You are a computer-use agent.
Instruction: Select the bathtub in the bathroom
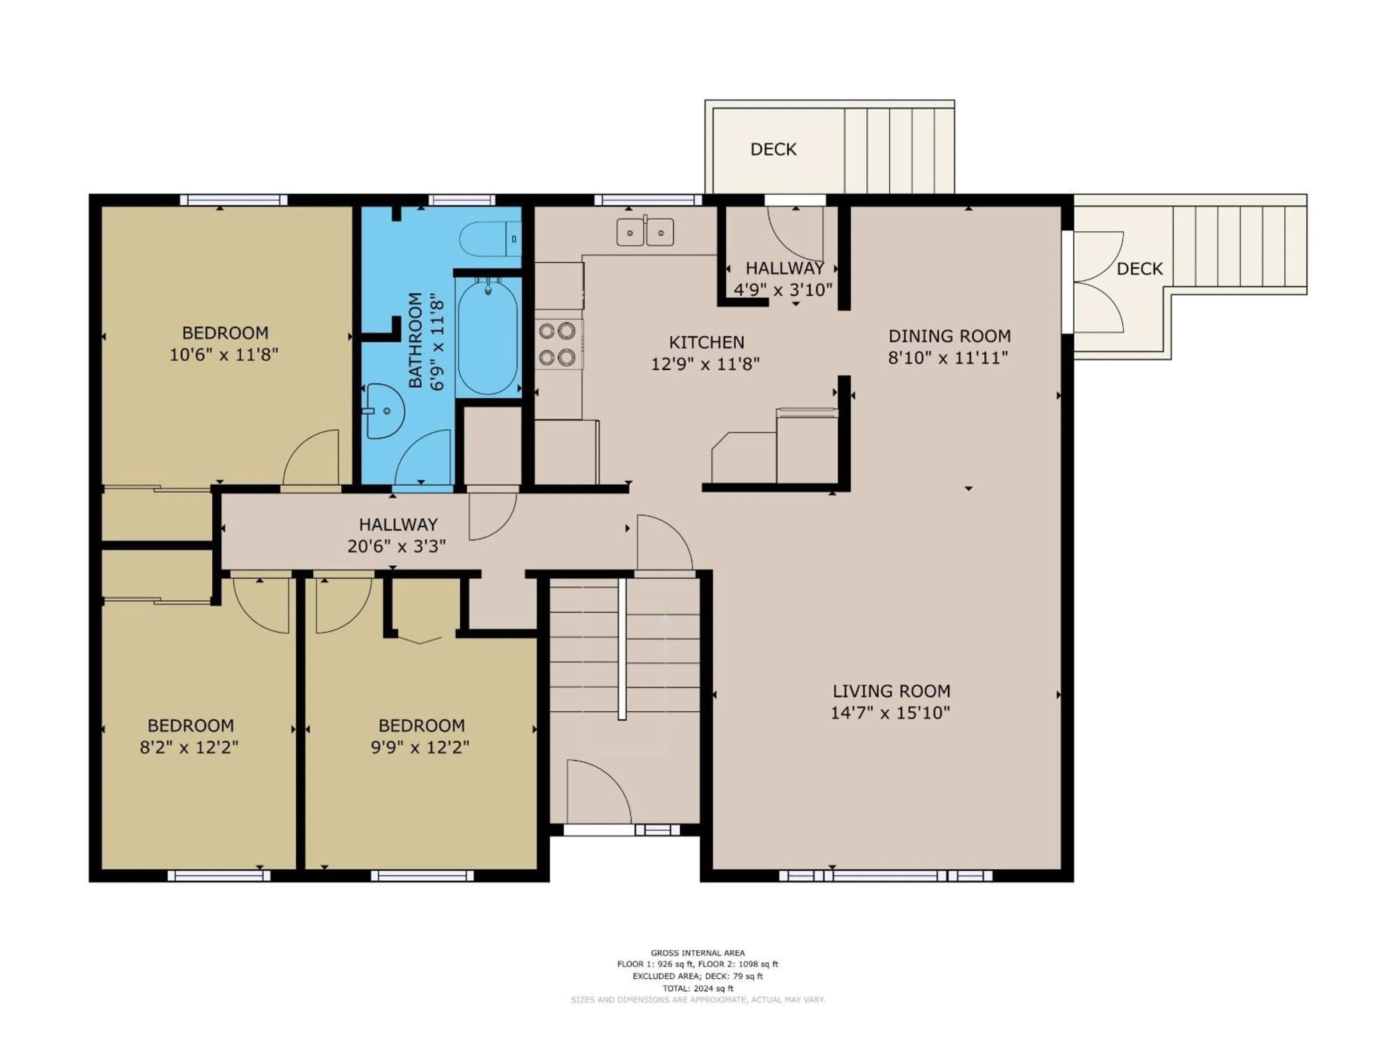pos(488,338)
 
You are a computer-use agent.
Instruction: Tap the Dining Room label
pos(949,336)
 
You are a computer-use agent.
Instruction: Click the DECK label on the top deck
pos(773,149)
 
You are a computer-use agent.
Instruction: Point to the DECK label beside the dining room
pos(1139,269)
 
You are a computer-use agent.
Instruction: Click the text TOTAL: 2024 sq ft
pos(697,988)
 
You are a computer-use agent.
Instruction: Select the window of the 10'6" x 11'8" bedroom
pos(233,200)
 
